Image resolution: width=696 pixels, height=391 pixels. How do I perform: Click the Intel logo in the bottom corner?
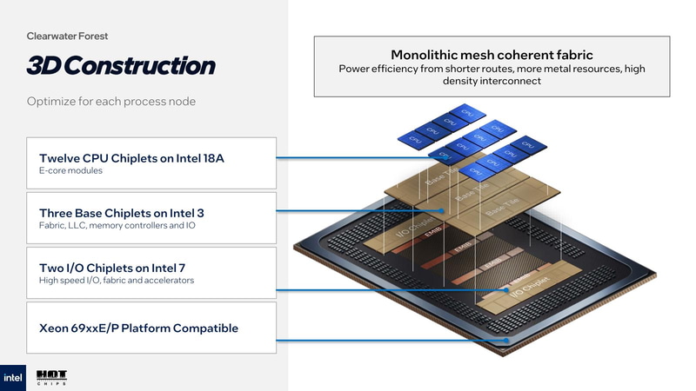click(x=13, y=377)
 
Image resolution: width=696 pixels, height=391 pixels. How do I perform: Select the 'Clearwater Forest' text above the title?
click(x=67, y=36)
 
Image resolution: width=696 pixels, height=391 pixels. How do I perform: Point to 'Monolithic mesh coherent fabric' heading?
click(x=492, y=54)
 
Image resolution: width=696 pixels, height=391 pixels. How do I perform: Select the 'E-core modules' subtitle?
click(x=71, y=171)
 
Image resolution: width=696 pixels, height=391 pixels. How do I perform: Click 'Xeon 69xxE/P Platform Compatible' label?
click(x=138, y=328)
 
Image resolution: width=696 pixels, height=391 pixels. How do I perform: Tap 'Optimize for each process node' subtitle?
click(x=111, y=102)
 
